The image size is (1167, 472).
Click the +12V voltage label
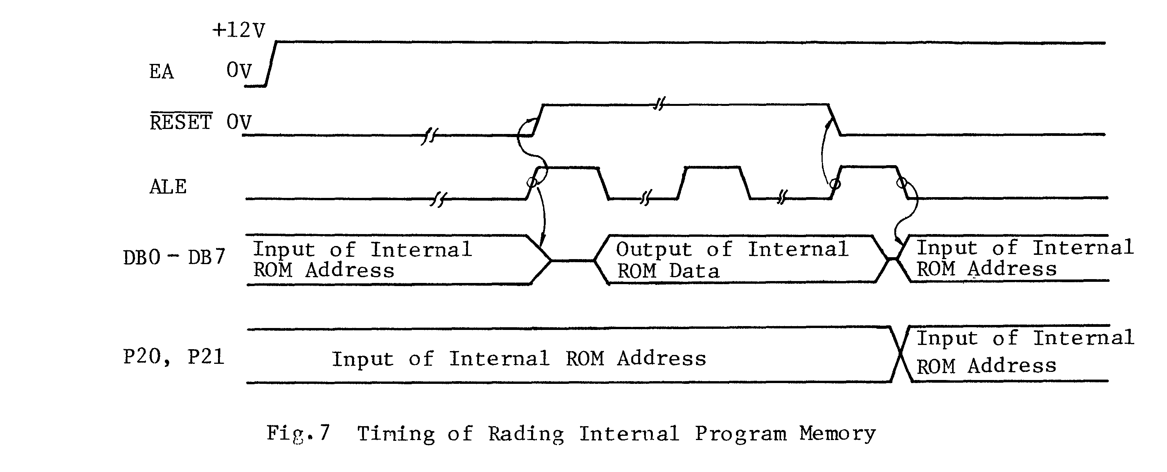(x=239, y=31)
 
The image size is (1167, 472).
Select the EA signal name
(x=161, y=72)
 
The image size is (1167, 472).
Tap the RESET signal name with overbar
(x=181, y=122)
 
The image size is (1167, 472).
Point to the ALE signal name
(x=168, y=187)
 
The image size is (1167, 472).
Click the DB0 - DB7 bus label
(x=174, y=258)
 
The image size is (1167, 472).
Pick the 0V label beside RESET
(x=239, y=122)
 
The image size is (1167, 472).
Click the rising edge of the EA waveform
(x=271, y=64)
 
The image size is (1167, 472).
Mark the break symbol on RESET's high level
(x=659, y=105)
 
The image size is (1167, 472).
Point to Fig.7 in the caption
(x=298, y=433)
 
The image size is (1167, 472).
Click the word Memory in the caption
(x=837, y=434)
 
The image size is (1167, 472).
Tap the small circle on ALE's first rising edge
(x=532, y=182)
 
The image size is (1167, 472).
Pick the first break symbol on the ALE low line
(x=438, y=199)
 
